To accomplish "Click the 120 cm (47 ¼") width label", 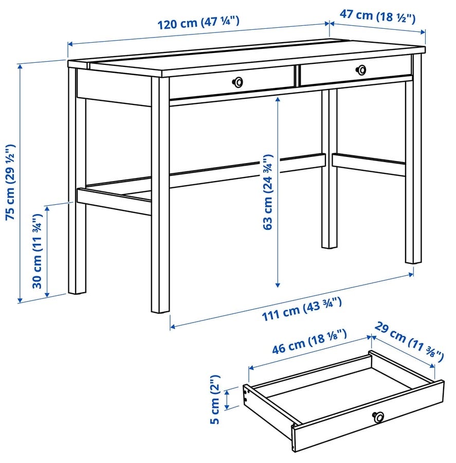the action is click(198, 23).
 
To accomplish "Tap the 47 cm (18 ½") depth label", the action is click(377, 17).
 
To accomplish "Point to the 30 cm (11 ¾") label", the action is click(38, 251).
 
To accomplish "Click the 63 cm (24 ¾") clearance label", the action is click(268, 192).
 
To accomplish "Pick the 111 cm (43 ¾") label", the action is click(302, 309).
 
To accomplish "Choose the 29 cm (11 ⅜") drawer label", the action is click(409, 342).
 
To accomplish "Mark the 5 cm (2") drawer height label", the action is click(215, 400).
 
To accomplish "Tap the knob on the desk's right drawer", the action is click(361, 70).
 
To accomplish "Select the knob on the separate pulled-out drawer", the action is click(378, 417).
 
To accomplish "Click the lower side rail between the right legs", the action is click(369, 165).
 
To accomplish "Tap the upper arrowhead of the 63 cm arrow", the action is click(278, 99).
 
